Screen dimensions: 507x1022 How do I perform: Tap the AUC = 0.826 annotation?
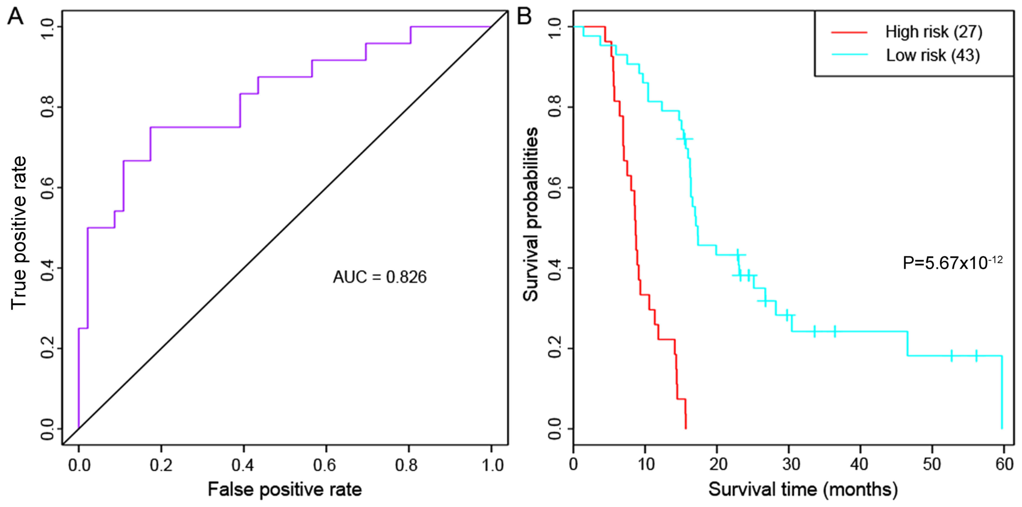coord(380,277)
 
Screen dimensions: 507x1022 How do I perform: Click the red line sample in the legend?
coord(849,32)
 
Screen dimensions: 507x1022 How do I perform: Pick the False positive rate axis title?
coord(285,489)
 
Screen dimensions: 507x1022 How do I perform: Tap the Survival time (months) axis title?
coord(803,489)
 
